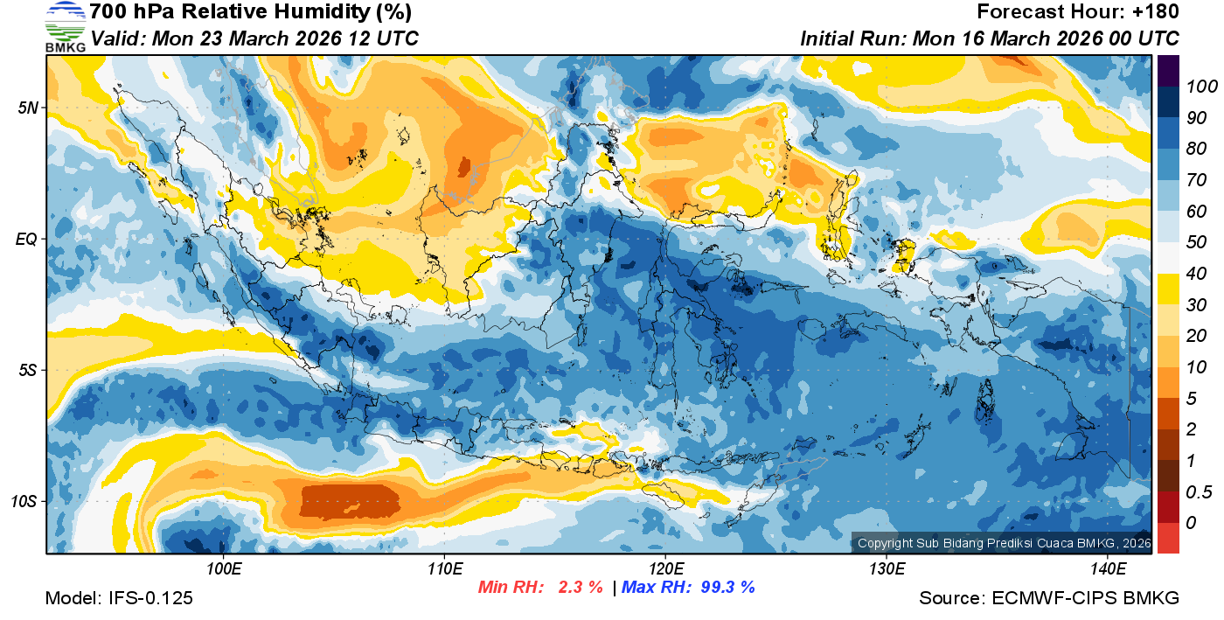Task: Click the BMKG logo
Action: pos(66,27)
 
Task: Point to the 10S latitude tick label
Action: pos(24,502)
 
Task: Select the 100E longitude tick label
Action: pos(224,568)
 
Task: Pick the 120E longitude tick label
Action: pos(665,568)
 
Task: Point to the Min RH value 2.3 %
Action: pos(580,587)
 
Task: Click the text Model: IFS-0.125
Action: pos(119,598)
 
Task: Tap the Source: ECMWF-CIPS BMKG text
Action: pos(1049,598)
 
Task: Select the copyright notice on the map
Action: pos(1004,543)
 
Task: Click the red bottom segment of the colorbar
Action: pos(1168,537)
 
